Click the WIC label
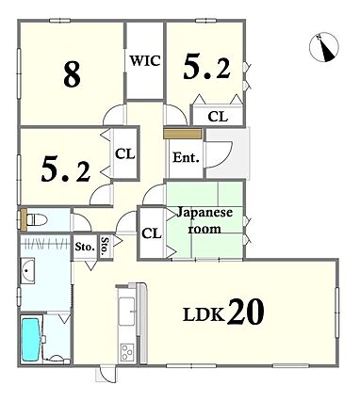pyautogui.click(x=145, y=61)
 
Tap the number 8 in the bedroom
pyautogui.click(x=72, y=74)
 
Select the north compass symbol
pyautogui.click(x=324, y=47)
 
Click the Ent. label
pyautogui.click(x=187, y=157)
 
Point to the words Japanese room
pyautogui.click(x=205, y=220)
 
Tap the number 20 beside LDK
pyautogui.click(x=245, y=312)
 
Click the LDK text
pyautogui.click(x=205, y=314)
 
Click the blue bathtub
pyautogui.click(x=31, y=340)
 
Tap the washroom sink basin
pyautogui.click(x=28, y=270)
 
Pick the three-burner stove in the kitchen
pyautogui.click(x=128, y=352)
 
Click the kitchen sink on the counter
pyautogui.click(x=127, y=312)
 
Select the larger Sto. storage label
pyautogui.click(x=85, y=247)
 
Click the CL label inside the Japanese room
pyautogui.click(x=152, y=233)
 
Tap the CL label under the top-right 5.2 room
pyautogui.click(x=218, y=117)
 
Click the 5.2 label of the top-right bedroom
pyautogui.click(x=206, y=66)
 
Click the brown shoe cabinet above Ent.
pyautogui.click(x=182, y=134)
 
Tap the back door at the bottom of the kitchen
pyautogui.click(x=106, y=374)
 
